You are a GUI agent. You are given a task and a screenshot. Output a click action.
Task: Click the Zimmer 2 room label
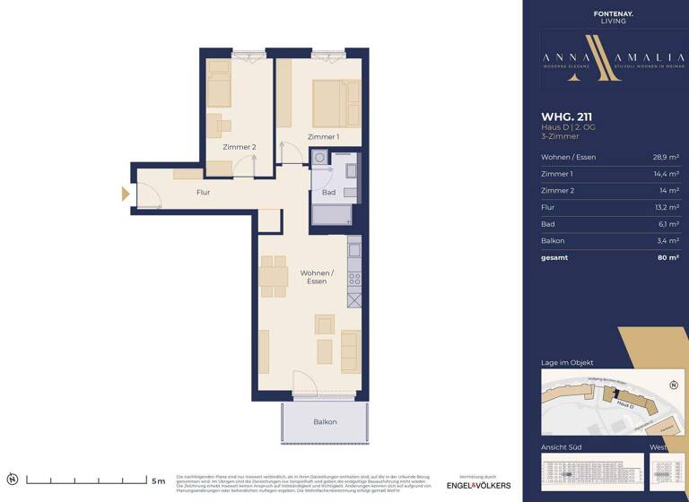pos(240,147)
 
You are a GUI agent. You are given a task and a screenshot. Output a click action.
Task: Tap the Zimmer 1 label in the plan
pos(323,136)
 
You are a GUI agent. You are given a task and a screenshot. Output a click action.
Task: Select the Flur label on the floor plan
pos(204,192)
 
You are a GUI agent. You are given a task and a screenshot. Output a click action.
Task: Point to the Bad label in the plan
pos(328,192)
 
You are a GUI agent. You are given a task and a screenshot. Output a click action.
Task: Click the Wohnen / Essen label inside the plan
pos(316,277)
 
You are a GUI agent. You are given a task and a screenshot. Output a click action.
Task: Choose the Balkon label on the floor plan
pos(325,421)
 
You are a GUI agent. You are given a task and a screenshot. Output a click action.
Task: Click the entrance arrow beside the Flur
pos(126,194)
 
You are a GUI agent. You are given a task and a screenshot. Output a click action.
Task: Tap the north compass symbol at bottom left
pos(12,480)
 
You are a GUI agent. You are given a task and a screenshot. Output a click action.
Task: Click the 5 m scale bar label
pos(158,480)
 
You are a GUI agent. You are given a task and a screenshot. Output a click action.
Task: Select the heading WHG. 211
pos(567,116)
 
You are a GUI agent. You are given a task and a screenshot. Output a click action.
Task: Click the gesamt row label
pos(554,257)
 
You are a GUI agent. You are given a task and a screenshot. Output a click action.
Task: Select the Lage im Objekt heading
pos(567,362)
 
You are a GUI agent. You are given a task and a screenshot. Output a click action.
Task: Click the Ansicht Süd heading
pos(561,446)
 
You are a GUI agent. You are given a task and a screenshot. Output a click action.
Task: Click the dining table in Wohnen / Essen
pos(272,276)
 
